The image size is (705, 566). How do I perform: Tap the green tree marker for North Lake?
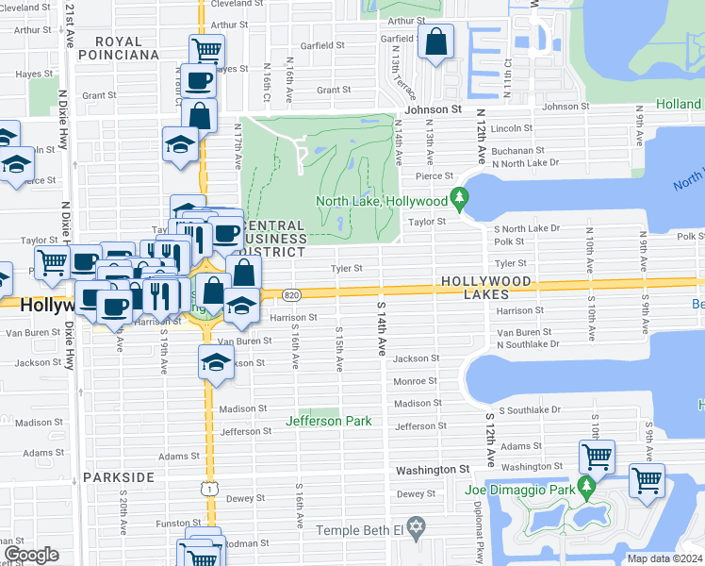point(459,199)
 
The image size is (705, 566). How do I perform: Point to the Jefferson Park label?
point(329,421)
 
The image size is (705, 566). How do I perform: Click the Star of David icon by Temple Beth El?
point(417,524)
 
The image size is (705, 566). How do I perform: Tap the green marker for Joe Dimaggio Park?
point(587,487)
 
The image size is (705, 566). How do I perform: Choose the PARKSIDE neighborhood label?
point(119,477)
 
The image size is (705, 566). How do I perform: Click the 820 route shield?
point(292,295)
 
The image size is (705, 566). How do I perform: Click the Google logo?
point(32,555)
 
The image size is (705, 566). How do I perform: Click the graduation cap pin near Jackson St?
point(216,362)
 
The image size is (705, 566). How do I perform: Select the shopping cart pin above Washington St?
point(597,458)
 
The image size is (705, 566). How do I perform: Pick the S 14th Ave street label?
point(381,329)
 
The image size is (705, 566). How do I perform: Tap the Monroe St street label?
point(415,381)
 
